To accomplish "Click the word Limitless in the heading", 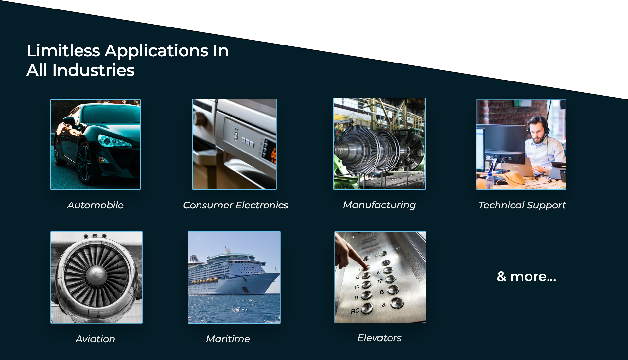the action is [63, 51].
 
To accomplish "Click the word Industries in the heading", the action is [94, 70].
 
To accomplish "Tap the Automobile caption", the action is [95, 205].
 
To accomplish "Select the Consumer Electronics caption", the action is [235, 205].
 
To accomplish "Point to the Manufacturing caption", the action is [379, 205].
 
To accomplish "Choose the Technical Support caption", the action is [522, 206].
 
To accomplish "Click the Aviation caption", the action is [95, 339].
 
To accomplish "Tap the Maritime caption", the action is [228, 339].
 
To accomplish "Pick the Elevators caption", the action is [379, 338].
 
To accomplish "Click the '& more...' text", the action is [526, 277].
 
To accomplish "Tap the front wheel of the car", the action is [85, 163].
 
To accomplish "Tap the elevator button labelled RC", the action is [367, 308].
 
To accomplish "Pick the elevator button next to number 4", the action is [397, 303].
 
